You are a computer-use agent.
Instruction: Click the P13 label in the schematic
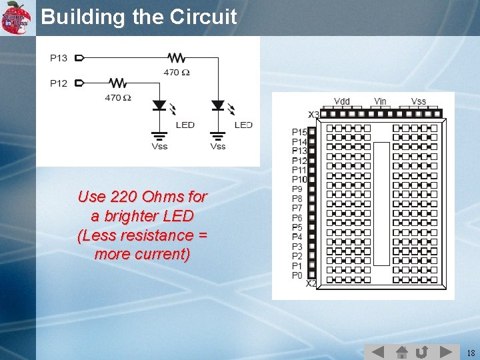click(x=59, y=58)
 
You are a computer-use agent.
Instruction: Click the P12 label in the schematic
click(x=59, y=83)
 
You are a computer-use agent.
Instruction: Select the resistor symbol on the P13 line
click(x=177, y=58)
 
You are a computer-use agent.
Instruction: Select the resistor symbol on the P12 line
click(x=117, y=83)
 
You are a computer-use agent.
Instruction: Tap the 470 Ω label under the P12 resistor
click(x=118, y=97)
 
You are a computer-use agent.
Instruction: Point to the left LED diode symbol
click(x=159, y=106)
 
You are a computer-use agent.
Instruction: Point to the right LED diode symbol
click(x=218, y=106)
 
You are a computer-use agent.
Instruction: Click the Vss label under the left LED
click(x=159, y=146)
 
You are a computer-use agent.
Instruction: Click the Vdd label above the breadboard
click(x=341, y=101)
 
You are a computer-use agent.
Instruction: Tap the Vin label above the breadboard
click(x=380, y=101)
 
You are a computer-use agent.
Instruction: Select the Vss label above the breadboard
click(x=419, y=101)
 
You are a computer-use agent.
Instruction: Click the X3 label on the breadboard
click(x=313, y=115)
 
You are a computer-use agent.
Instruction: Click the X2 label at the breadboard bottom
click(x=311, y=283)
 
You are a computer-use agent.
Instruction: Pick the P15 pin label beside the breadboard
click(x=299, y=132)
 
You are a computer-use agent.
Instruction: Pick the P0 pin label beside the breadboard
click(x=297, y=275)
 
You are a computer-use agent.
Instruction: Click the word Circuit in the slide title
click(x=203, y=17)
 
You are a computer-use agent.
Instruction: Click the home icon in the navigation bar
click(x=401, y=351)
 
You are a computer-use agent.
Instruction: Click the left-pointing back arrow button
click(x=377, y=351)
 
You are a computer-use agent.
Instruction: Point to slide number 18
click(x=471, y=353)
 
